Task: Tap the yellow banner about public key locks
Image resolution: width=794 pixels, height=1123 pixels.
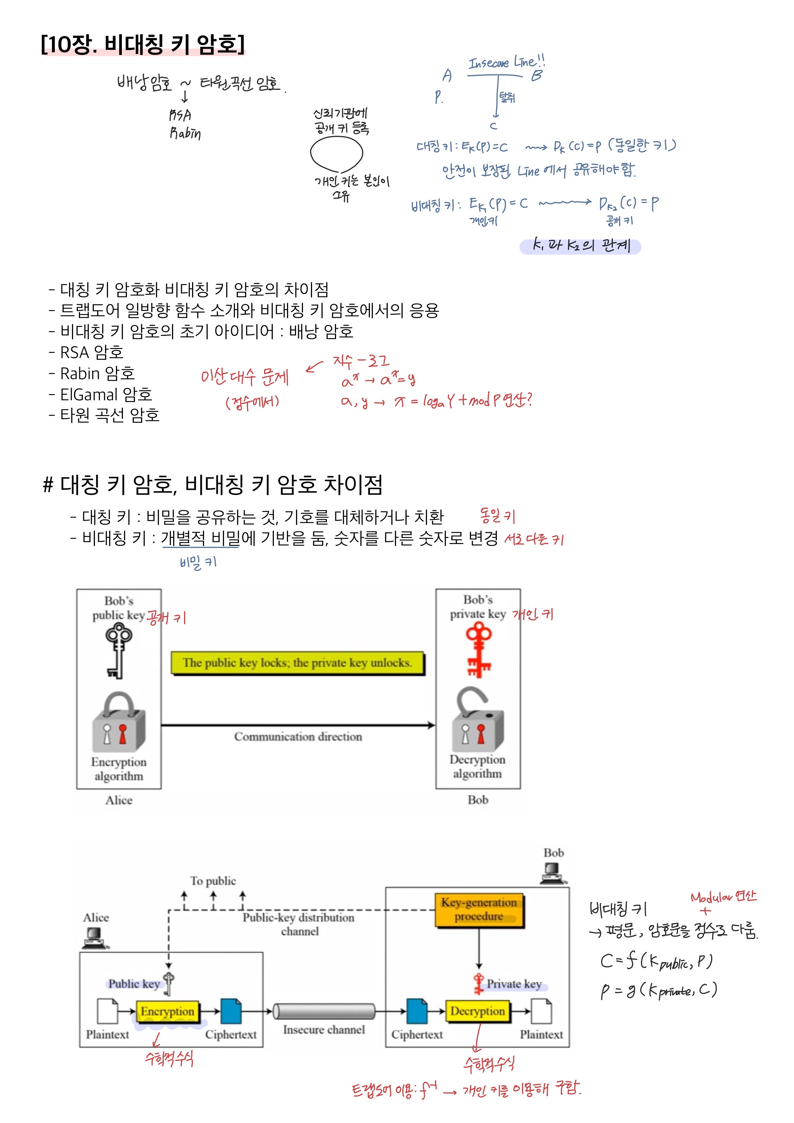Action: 297,663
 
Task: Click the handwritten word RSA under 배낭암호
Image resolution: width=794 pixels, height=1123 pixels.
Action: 180,115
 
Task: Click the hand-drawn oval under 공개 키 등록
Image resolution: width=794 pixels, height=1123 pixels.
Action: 336,154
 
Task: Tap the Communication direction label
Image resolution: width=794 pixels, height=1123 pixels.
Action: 298,737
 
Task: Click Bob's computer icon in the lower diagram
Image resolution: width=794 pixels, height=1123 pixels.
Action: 553,873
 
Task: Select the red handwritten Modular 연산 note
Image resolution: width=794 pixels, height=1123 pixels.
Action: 723,897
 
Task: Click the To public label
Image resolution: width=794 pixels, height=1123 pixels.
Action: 213,881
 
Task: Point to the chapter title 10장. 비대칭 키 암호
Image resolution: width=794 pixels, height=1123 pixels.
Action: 143,44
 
